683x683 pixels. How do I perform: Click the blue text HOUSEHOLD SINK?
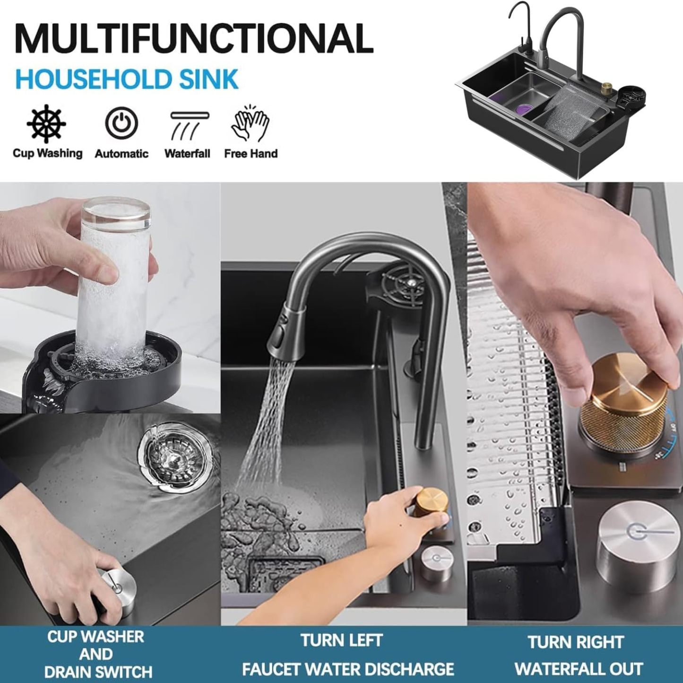point(127,79)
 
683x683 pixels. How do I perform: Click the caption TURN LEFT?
point(342,630)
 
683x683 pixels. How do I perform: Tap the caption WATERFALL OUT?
point(579,659)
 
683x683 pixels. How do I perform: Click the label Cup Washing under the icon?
point(47,153)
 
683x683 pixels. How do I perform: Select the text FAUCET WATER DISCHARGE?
point(348,660)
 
